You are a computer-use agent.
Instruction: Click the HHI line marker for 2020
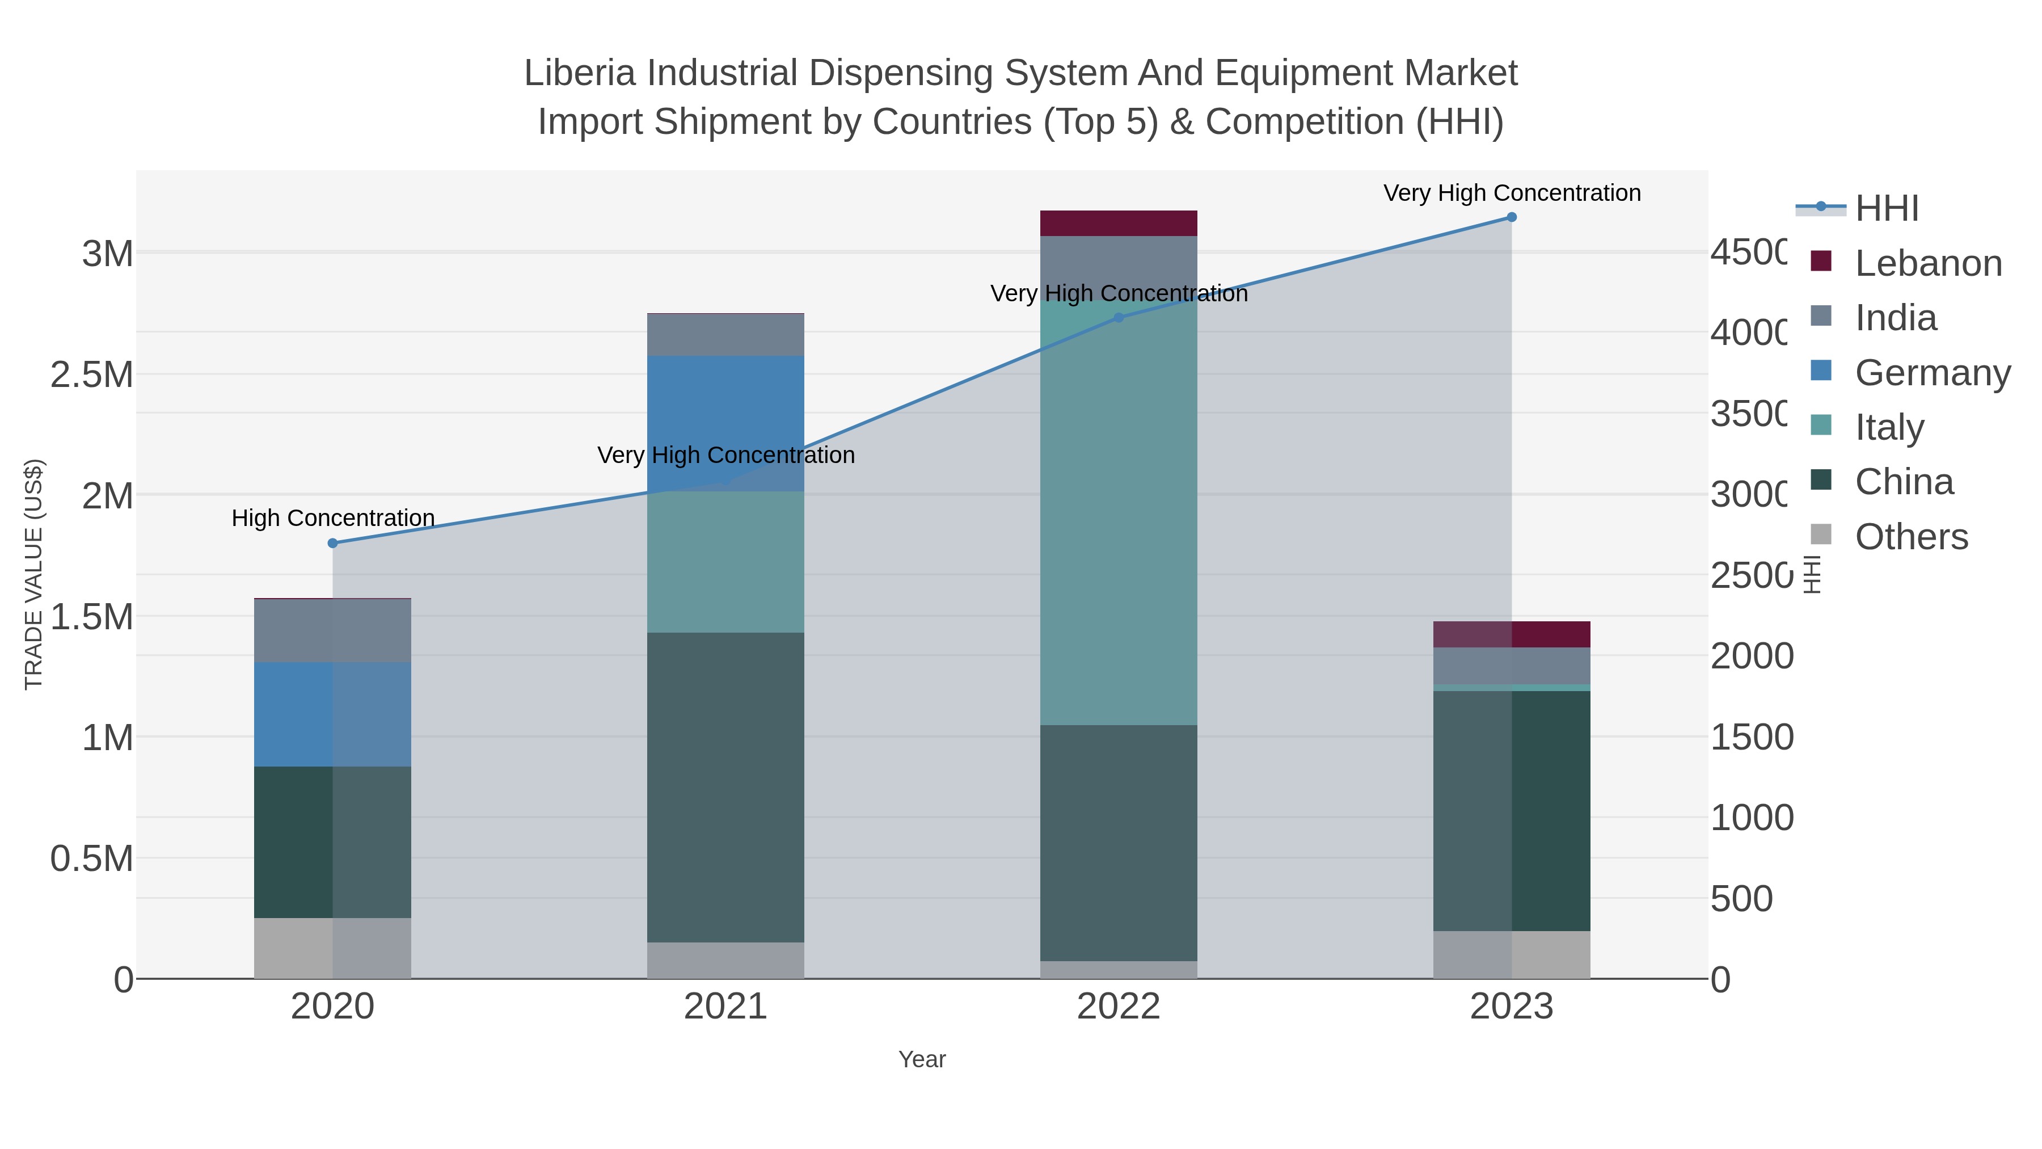[333, 543]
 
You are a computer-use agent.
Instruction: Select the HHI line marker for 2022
[1119, 318]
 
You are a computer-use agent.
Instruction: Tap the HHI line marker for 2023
[1512, 217]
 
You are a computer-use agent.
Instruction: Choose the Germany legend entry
[1932, 373]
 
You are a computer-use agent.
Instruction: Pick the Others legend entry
[1910, 537]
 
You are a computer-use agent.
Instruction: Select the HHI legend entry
[1886, 209]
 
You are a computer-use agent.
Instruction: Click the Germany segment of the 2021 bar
[725, 423]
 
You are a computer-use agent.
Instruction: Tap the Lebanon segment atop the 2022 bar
[1119, 224]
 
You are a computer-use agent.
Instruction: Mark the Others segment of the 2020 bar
[332, 948]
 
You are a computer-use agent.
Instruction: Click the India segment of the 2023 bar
[1512, 666]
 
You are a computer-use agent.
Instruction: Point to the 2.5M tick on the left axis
[92, 375]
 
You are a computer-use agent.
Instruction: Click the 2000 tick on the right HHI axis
[1750, 656]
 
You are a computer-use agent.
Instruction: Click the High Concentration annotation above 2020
[333, 519]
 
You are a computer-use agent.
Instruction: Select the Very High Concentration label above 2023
[1512, 193]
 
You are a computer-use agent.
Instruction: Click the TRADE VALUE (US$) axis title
[33, 574]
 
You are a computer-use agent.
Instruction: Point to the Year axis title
[922, 1059]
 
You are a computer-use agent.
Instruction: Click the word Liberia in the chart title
[580, 74]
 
